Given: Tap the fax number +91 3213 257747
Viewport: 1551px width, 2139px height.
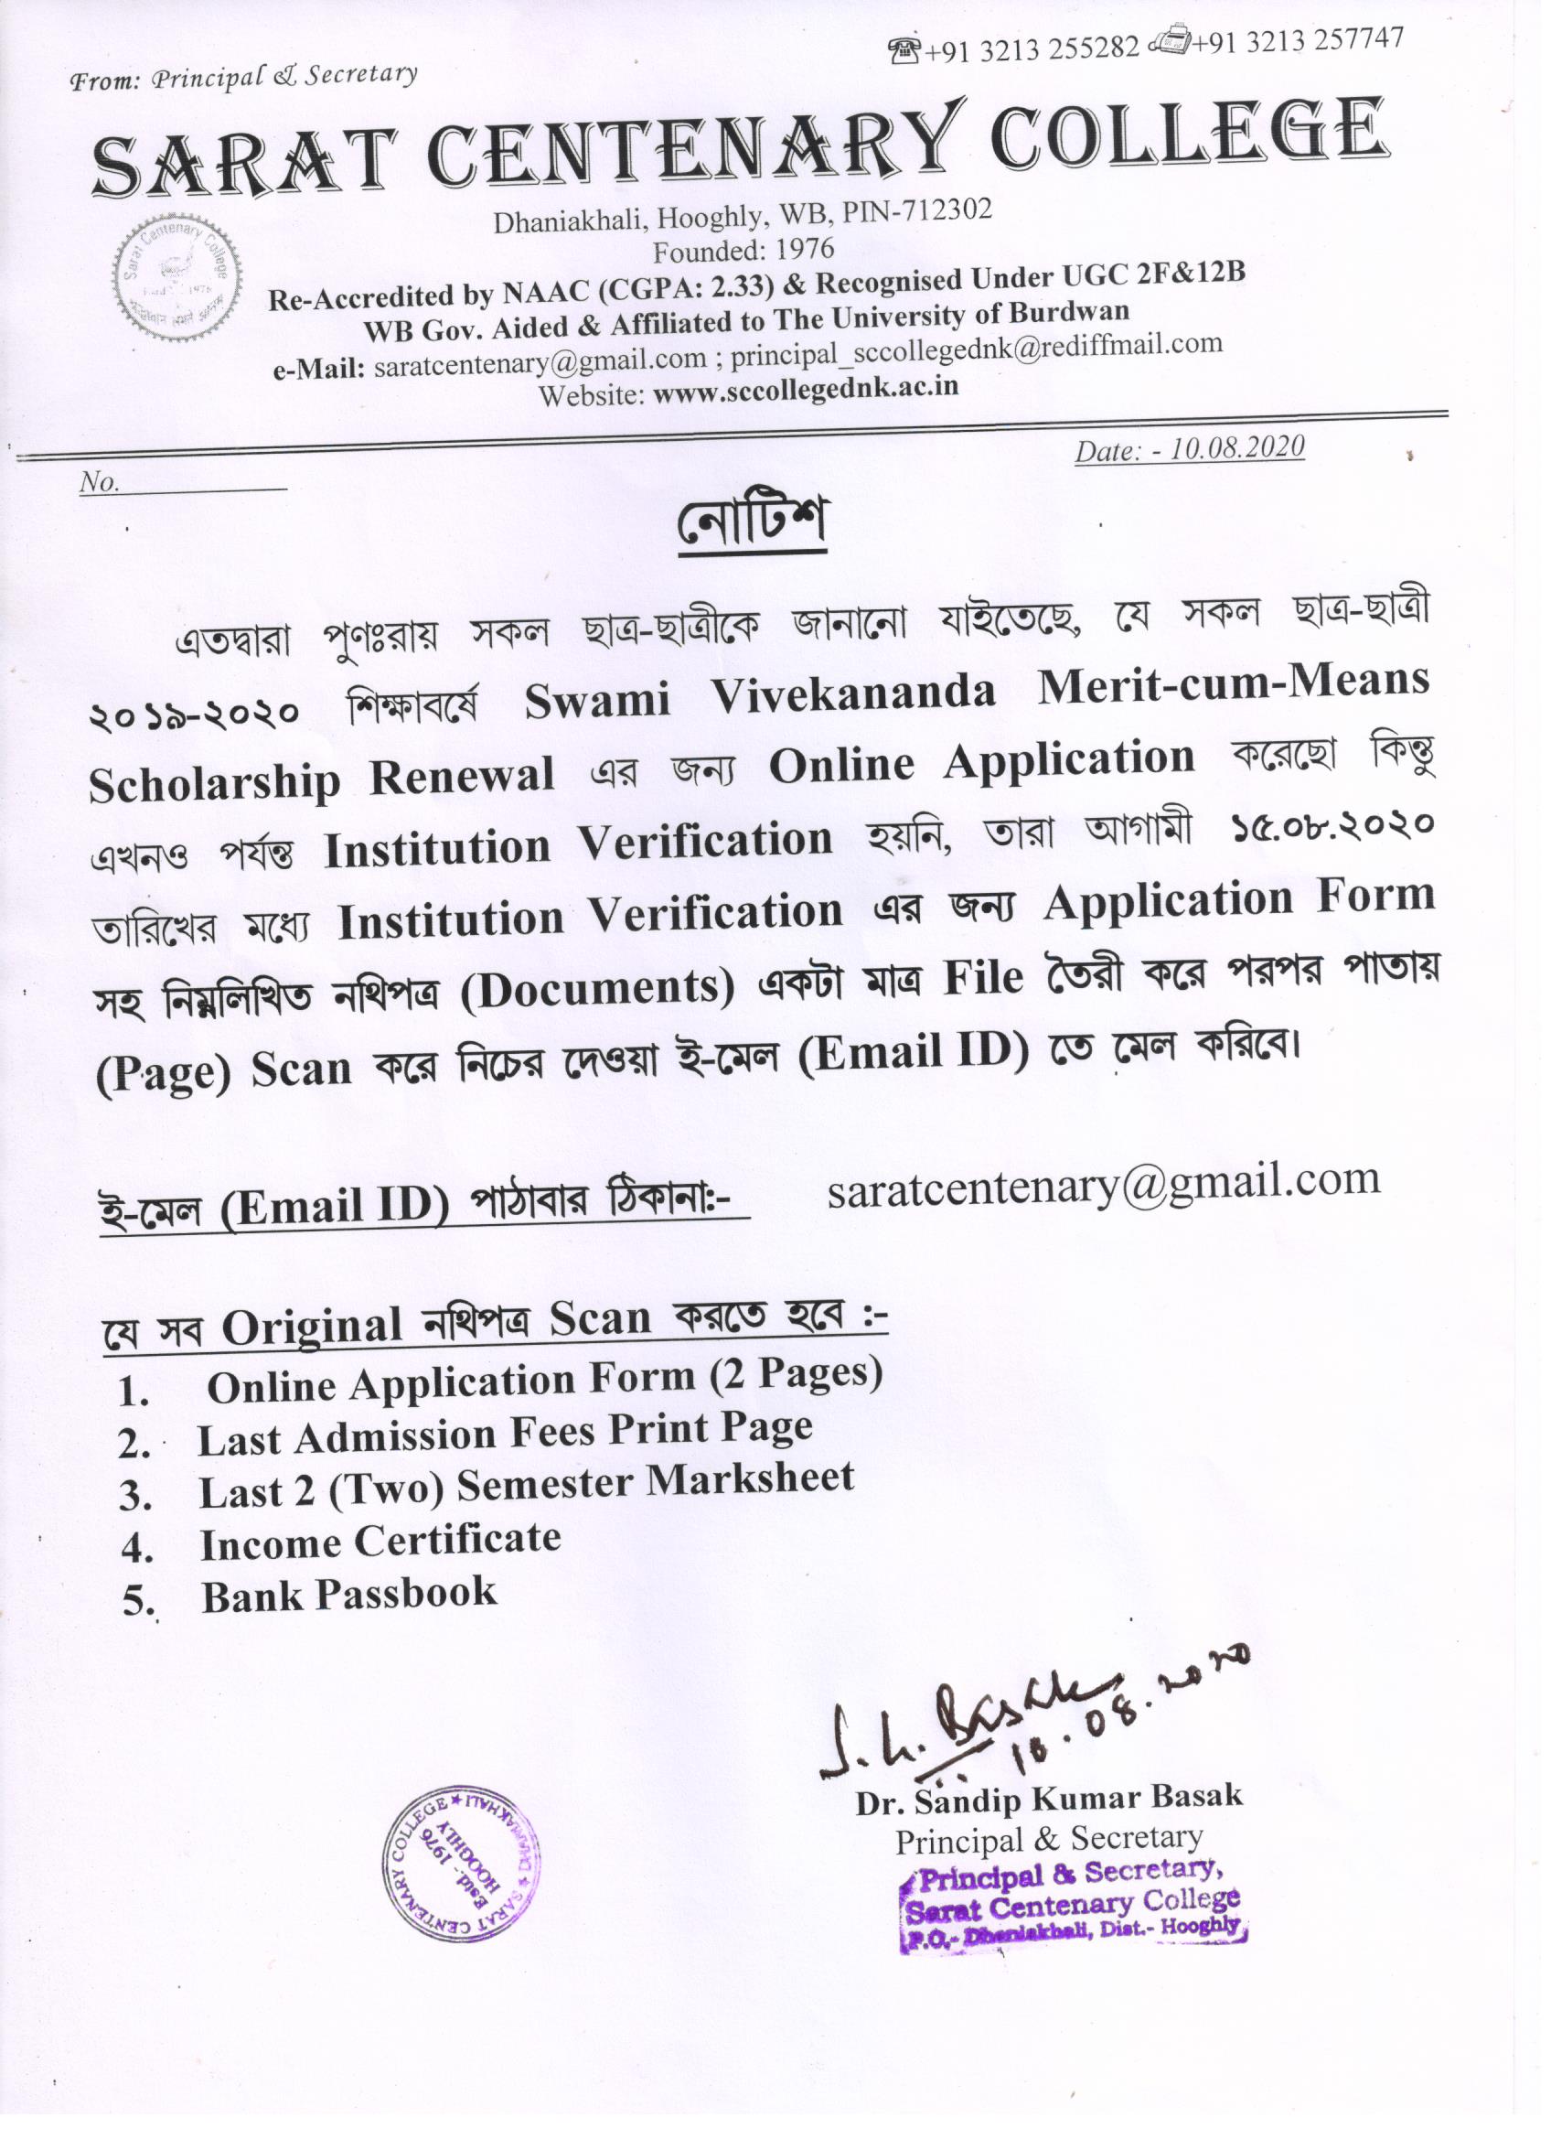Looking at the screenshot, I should coord(1298,40).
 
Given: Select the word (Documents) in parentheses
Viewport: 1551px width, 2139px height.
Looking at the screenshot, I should coord(600,988).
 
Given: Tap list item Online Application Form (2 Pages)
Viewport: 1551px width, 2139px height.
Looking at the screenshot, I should coord(544,1381).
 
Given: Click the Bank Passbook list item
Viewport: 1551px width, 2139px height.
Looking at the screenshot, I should coord(348,1595).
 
